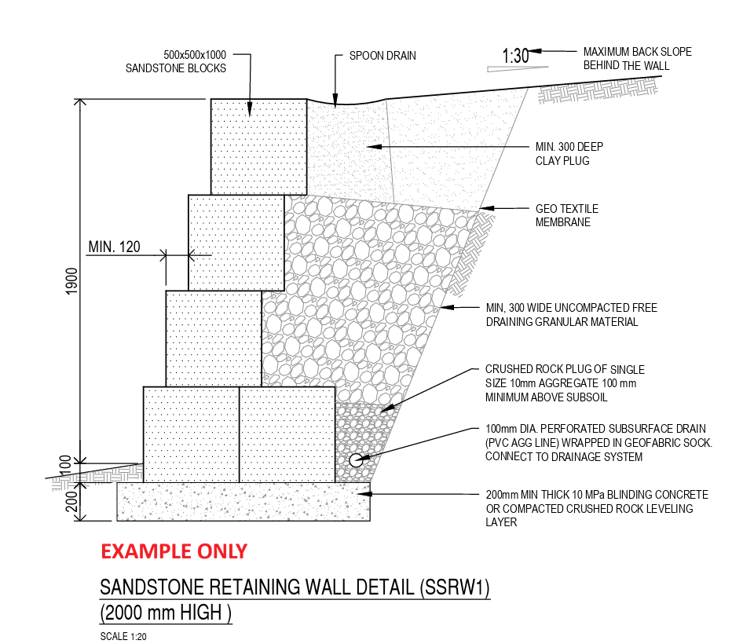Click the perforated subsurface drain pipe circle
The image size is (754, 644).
356,460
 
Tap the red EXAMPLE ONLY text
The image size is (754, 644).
174,551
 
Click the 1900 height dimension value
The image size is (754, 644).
71,281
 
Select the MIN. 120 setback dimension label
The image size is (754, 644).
115,247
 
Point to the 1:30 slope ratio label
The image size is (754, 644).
515,56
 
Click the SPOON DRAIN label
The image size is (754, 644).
382,56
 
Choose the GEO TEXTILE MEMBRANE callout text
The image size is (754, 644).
567,215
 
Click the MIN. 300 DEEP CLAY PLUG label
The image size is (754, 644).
569,153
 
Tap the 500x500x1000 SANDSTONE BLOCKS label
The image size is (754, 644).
176,61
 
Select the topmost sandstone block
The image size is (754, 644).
258,147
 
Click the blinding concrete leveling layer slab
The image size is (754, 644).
243,502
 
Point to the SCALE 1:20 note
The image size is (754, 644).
123,636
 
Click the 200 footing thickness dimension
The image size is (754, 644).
71,501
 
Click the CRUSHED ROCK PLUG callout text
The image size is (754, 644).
565,383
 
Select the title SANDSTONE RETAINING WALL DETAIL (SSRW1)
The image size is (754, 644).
295,587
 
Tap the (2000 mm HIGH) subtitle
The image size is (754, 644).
166,613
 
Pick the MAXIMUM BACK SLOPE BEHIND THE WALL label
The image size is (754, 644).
637,58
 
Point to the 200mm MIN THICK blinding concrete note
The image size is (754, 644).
597,508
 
